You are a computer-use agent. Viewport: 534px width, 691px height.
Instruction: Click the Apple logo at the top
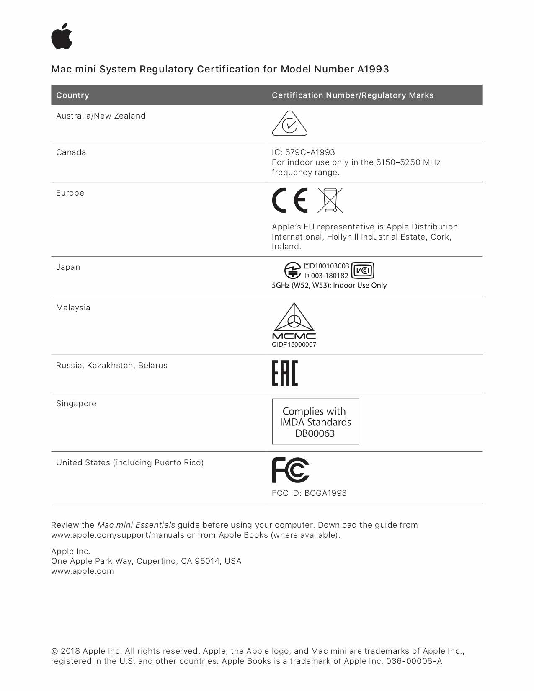[62, 36]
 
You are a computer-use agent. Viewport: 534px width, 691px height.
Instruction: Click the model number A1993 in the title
[373, 69]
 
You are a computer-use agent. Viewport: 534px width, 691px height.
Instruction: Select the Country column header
[72, 95]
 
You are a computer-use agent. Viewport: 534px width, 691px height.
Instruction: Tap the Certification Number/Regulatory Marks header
[352, 95]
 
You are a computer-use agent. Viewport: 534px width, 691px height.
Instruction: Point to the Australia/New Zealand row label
[101, 116]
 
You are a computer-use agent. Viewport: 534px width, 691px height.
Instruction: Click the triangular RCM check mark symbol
[289, 124]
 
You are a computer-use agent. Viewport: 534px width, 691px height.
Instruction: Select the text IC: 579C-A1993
[303, 152]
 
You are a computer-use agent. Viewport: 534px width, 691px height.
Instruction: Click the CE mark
[290, 200]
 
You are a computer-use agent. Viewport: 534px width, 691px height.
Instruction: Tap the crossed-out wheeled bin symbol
[330, 200]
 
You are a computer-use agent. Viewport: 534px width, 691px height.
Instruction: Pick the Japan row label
[68, 267]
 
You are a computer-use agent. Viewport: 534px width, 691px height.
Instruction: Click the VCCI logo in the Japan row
[363, 271]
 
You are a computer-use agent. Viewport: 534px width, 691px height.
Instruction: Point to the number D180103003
[329, 266]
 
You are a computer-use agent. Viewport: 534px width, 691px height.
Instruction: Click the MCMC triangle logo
[294, 321]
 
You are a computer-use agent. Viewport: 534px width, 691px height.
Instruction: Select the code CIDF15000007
[294, 345]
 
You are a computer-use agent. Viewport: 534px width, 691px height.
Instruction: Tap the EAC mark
[285, 373]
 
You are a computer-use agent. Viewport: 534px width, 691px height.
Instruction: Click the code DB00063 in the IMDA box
[315, 433]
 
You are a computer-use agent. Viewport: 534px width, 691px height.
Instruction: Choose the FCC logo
[290, 470]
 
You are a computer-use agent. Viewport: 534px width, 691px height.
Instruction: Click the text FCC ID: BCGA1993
[309, 493]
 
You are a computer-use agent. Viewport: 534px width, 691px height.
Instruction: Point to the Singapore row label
[76, 404]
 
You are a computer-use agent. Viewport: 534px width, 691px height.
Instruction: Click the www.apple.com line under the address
[83, 571]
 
